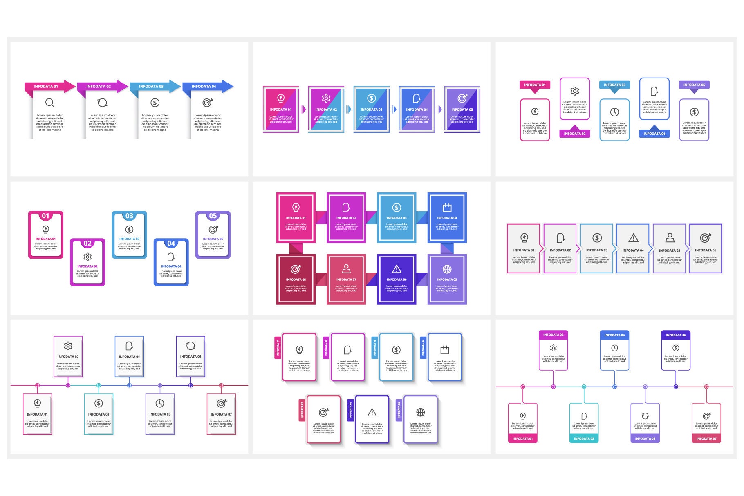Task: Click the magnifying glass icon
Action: (49, 103)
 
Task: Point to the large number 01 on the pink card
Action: (45, 216)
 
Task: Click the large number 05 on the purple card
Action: (213, 216)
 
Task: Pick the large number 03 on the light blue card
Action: (129, 216)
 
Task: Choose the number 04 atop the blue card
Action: (171, 244)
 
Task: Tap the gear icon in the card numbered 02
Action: (87, 257)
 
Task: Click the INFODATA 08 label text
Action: (296, 279)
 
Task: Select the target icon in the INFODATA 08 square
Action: (296, 269)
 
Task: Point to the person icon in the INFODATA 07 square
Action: (346, 268)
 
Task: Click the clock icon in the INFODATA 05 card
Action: (160, 403)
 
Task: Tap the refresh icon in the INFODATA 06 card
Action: (190, 346)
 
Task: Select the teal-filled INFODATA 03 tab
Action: (584, 439)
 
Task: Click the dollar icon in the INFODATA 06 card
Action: (676, 348)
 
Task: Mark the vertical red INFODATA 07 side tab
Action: (302, 410)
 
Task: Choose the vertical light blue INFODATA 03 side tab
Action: (374, 347)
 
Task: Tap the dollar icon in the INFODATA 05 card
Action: (694, 112)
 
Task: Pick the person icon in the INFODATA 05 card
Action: (670, 237)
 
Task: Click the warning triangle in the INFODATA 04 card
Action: (633, 238)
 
